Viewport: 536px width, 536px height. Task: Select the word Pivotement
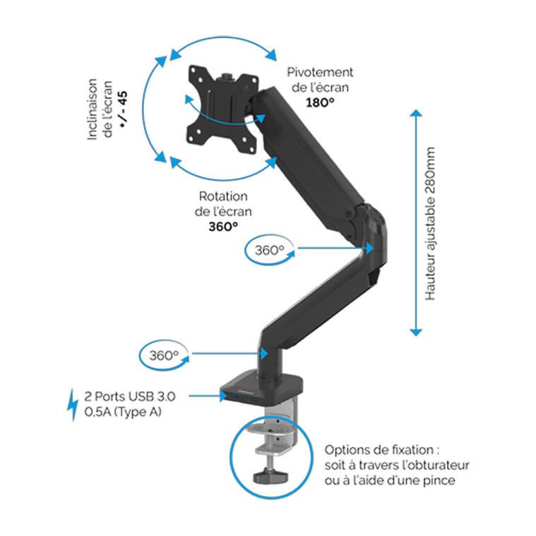pos(319,73)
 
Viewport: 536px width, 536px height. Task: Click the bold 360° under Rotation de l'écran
pos(223,226)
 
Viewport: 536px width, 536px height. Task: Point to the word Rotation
pos(223,196)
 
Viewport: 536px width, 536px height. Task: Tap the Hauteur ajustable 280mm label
pos(431,224)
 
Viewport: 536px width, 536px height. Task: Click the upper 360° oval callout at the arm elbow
pos(269,249)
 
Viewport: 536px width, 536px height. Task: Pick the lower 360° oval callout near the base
pos(165,355)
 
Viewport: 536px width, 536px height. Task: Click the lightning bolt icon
pos(72,405)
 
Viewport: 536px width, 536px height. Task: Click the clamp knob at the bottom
pos(272,475)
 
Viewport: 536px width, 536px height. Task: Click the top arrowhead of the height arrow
pos(417,114)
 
